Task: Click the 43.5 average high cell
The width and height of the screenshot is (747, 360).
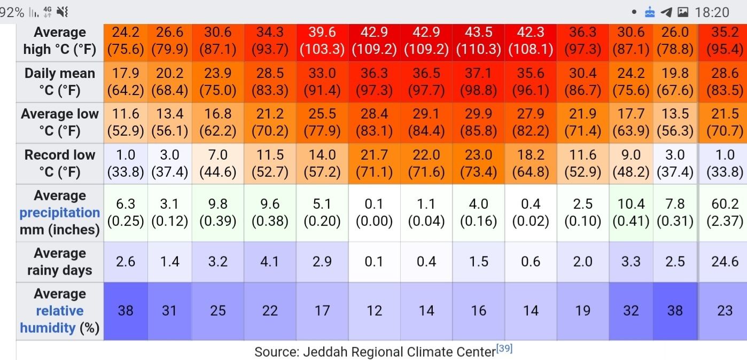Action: point(478,41)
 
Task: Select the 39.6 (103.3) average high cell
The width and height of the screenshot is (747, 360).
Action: point(322,41)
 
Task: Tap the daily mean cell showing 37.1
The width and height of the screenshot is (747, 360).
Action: point(478,82)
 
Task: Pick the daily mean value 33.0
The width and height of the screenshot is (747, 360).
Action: point(322,82)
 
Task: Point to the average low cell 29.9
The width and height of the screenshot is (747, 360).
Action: point(478,122)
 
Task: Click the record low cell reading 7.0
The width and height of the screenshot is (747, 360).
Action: point(217,163)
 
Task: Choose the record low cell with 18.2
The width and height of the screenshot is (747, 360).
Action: point(531,163)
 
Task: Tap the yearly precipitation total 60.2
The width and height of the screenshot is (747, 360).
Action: point(725,213)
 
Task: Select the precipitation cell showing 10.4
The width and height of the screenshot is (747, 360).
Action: point(631,213)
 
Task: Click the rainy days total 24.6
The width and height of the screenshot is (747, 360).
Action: point(725,262)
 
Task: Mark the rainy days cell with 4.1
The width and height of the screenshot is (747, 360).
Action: point(270,262)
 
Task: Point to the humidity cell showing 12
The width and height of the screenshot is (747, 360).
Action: point(374,311)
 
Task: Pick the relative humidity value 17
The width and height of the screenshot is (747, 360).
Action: point(322,311)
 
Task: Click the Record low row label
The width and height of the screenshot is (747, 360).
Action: point(60,163)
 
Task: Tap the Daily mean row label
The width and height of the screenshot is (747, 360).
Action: point(60,82)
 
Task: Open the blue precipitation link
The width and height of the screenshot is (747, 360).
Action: point(60,213)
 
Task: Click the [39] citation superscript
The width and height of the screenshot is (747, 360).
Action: point(504,349)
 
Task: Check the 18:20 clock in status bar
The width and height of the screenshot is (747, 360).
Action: point(712,12)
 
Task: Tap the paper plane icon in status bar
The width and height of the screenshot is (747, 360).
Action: point(666,12)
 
